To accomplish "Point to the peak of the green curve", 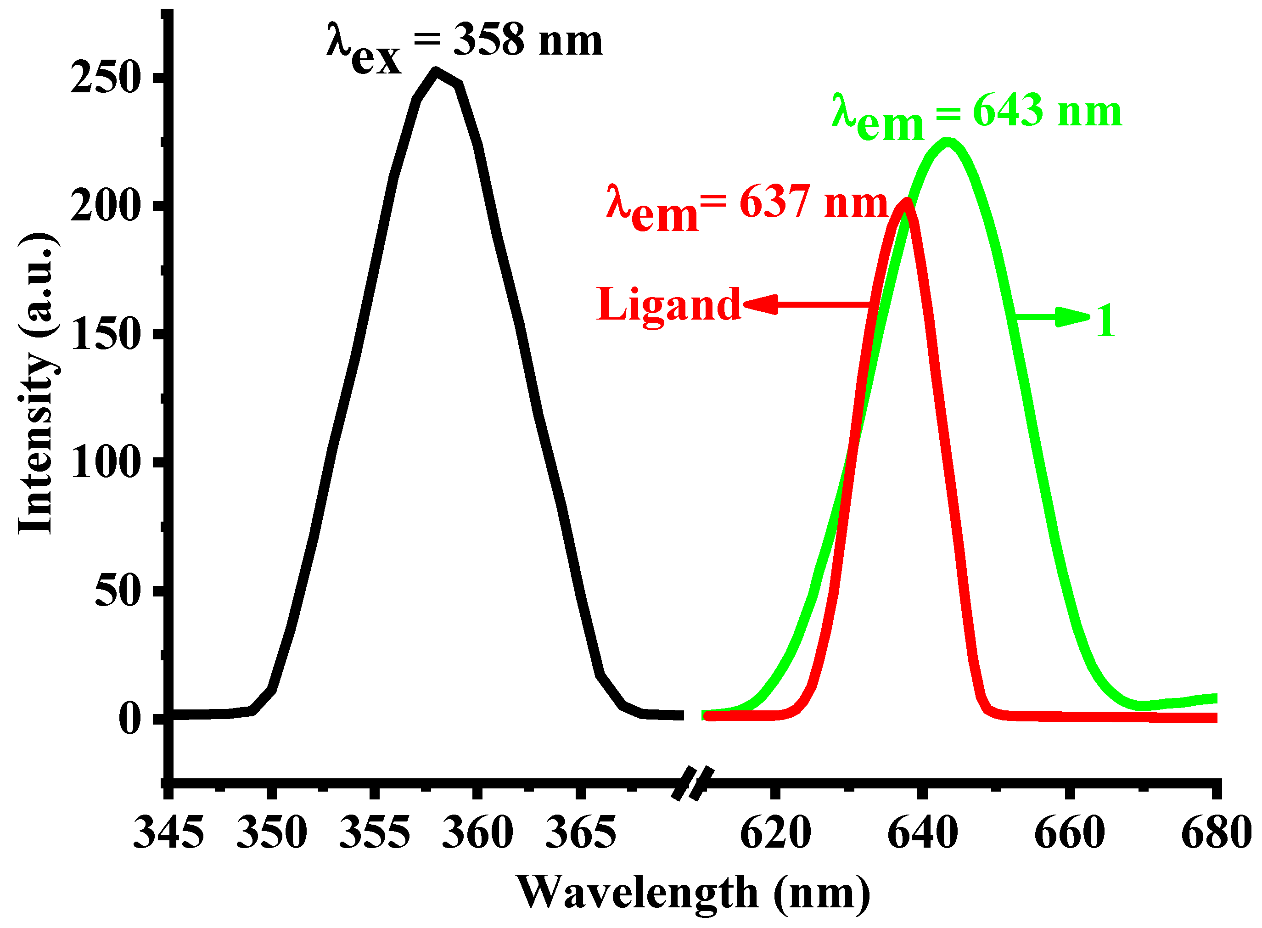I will (948, 143).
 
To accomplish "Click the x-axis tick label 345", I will (168, 833).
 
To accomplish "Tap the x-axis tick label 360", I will (477, 833).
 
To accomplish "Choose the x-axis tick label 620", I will (775, 833).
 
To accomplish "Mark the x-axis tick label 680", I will (1216, 833).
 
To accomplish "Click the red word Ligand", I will (668, 305).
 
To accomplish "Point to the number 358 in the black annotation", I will (488, 40).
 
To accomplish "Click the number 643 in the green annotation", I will (1008, 111).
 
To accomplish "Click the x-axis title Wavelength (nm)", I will (693, 893).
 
